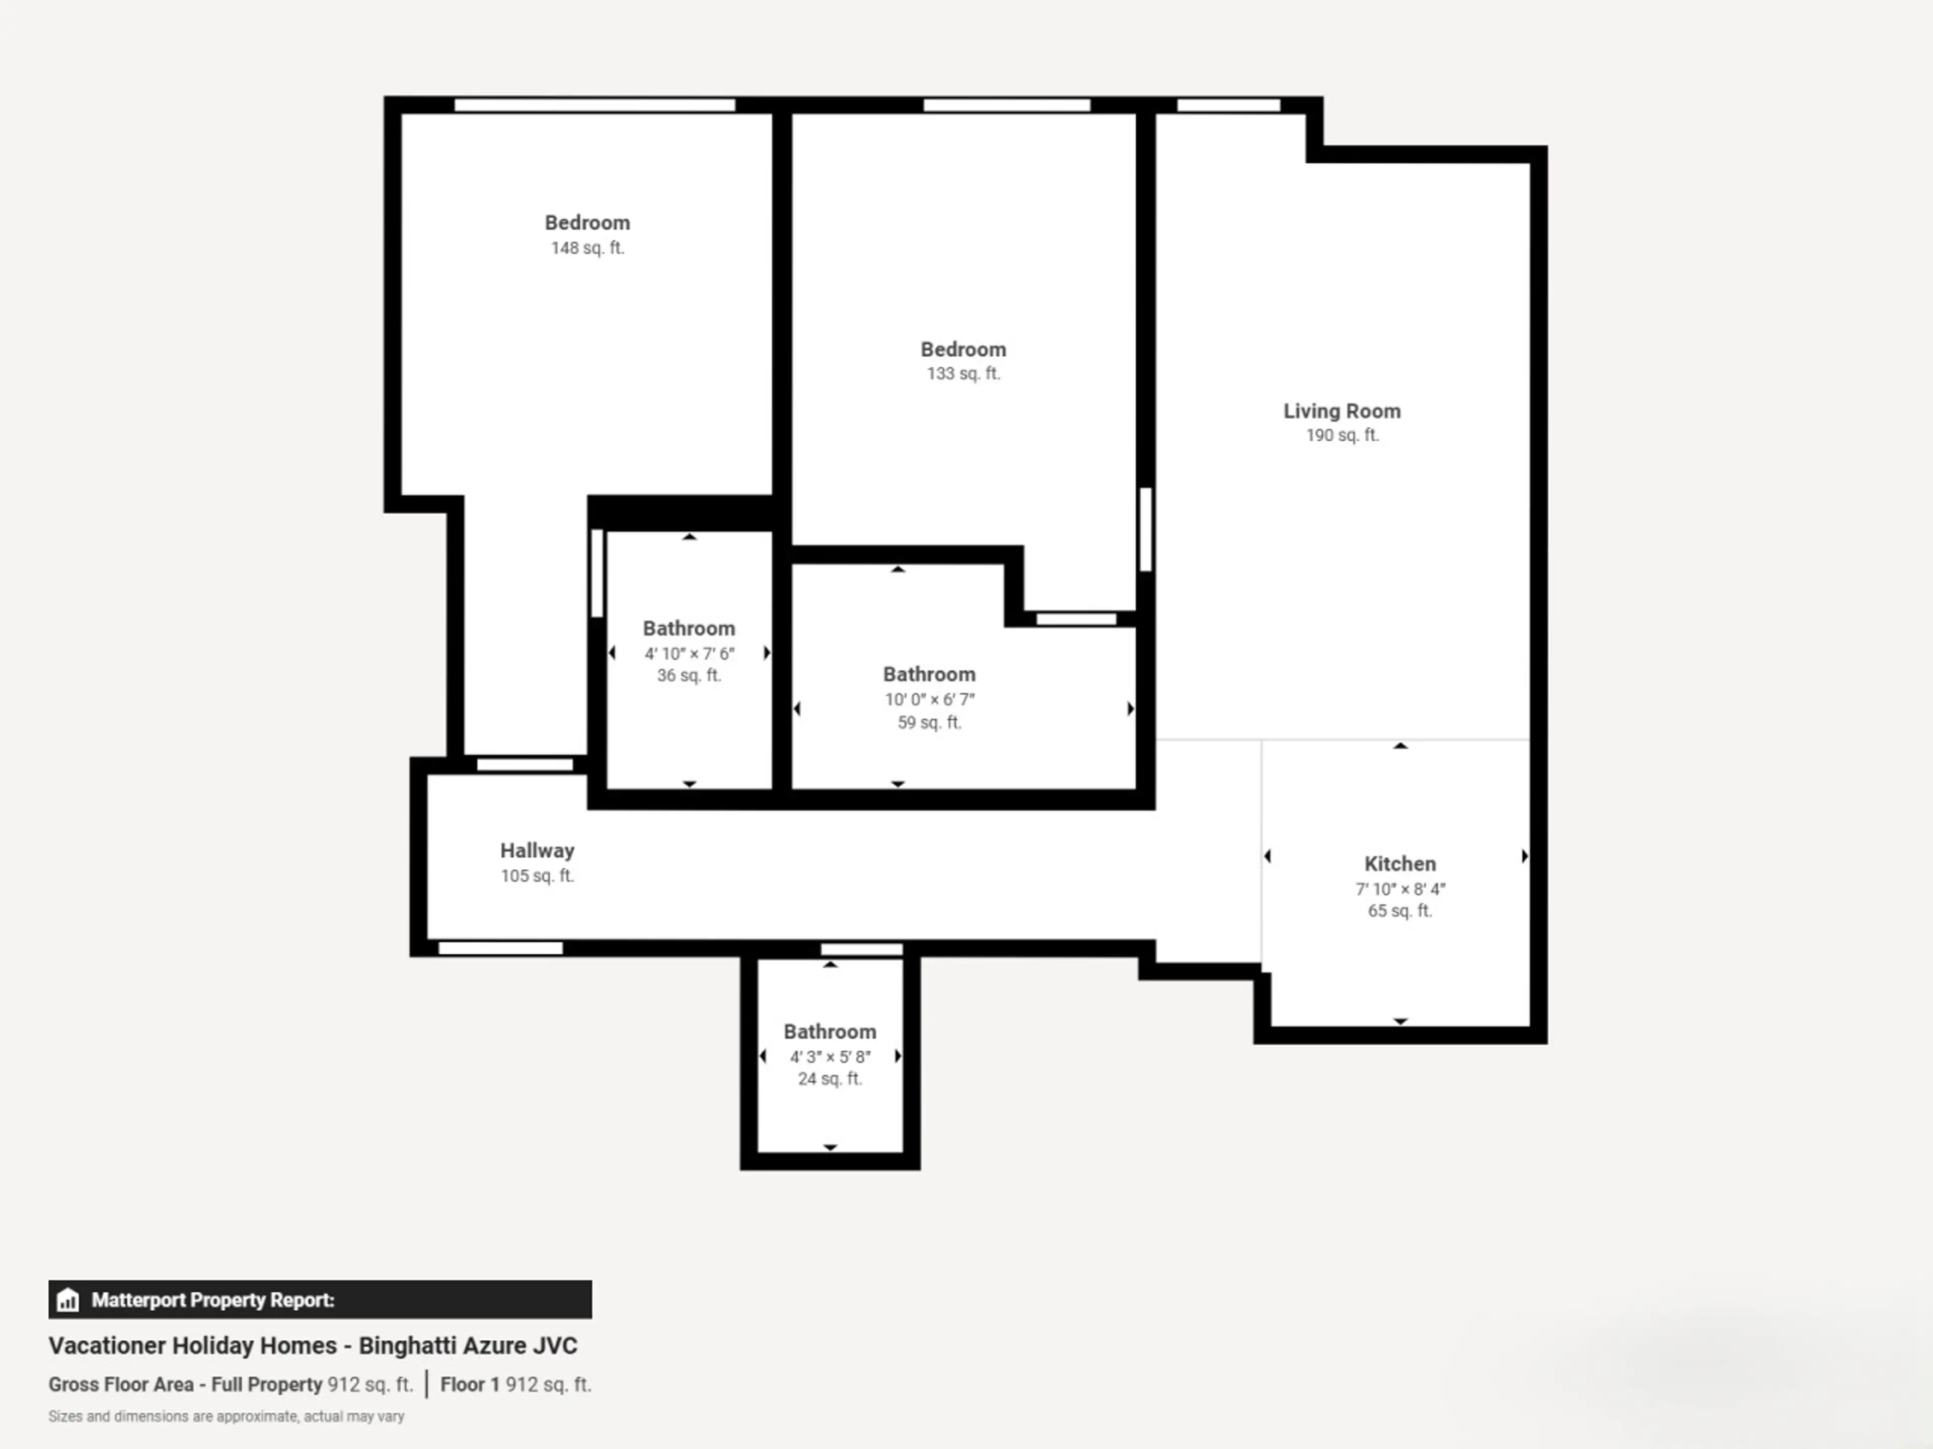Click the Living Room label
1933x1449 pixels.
(1342, 412)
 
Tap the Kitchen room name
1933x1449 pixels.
(1400, 864)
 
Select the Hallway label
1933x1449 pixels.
(537, 851)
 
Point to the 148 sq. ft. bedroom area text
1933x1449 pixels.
(587, 248)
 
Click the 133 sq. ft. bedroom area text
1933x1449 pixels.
(963, 374)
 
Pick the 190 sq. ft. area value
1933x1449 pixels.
(1342, 435)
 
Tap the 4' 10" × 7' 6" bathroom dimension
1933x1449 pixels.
(690, 654)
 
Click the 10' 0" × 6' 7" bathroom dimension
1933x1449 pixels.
(929, 700)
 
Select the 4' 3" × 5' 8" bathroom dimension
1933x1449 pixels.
(830, 1057)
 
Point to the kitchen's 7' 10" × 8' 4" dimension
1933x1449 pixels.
(1400, 889)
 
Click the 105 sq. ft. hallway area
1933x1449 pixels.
(537, 876)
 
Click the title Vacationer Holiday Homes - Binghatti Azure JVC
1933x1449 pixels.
(313, 1346)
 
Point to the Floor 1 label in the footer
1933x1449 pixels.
(469, 1385)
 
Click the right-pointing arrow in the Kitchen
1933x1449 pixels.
(1524, 856)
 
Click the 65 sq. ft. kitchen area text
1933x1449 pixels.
(1400, 911)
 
